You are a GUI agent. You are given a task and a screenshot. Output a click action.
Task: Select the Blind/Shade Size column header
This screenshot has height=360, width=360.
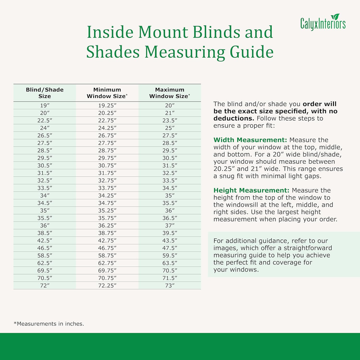(x=45, y=93)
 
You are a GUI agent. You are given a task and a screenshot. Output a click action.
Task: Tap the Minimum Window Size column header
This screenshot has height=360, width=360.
(x=107, y=93)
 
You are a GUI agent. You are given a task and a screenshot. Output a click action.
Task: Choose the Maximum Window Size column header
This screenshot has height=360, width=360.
(x=170, y=93)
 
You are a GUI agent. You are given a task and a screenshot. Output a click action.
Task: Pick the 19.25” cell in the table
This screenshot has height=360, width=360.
(x=107, y=105)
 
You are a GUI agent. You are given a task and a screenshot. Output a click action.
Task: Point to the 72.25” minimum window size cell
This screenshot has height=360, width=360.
(x=107, y=286)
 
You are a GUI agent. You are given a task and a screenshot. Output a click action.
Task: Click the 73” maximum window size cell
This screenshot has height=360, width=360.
(x=170, y=286)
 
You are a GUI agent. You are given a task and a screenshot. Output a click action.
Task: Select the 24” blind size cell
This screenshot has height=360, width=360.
(x=45, y=128)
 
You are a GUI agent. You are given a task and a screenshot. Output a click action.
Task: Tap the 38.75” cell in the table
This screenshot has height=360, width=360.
(x=107, y=233)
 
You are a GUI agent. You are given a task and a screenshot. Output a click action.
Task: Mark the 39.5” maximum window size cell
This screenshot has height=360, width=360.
(x=170, y=233)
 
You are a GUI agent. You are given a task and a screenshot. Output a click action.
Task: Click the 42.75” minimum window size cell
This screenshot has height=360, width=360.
(x=107, y=241)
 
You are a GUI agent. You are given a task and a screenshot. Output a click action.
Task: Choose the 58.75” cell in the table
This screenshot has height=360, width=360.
(x=107, y=256)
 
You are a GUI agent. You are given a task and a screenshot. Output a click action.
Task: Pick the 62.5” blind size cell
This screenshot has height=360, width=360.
(x=45, y=263)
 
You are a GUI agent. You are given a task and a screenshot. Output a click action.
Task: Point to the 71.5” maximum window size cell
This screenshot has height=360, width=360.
(x=170, y=278)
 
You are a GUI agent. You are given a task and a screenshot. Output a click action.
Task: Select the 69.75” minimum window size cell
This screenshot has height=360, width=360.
(x=107, y=271)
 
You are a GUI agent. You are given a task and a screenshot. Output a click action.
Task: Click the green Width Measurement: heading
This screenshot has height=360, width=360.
(x=251, y=140)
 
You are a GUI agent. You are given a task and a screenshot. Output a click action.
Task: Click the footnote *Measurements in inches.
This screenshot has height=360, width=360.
(x=49, y=323)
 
